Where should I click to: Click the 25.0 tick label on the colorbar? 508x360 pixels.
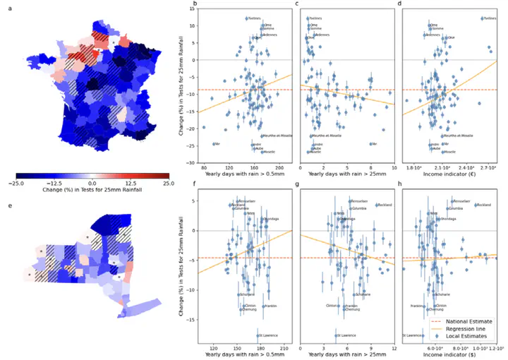[167, 182]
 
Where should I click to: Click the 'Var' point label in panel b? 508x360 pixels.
[218, 144]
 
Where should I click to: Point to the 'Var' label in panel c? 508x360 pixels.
[373, 144]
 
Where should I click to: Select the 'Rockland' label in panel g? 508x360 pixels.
[385, 205]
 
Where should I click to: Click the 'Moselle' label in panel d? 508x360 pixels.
[447, 152]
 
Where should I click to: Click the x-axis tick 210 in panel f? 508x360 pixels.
[285, 348]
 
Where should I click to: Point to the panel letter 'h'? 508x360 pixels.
[401, 188]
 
